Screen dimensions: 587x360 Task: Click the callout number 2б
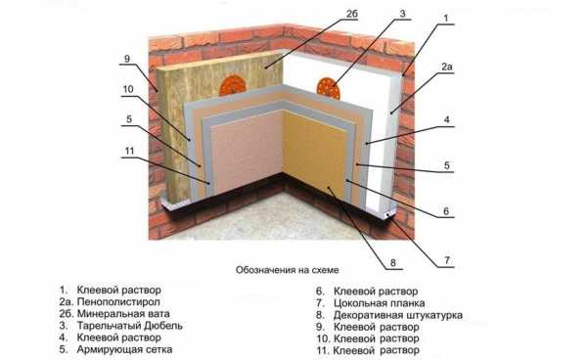tap(352, 15)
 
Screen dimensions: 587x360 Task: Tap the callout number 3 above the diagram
tap(402, 14)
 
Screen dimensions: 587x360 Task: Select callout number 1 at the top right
tap(445, 18)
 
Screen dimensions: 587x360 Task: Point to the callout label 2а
tap(447, 67)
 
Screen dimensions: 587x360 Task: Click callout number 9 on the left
tap(127, 59)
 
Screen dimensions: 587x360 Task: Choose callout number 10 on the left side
tap(128, 89)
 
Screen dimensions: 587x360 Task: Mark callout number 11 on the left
tap(129, 151)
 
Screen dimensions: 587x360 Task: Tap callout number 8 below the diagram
tap(392, 263)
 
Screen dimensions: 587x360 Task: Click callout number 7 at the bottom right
tap(447, 260)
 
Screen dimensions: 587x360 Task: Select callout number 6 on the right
tap(446, 211)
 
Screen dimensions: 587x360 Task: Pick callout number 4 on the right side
tap(446, 119)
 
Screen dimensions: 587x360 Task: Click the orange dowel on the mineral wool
tap(233, 85)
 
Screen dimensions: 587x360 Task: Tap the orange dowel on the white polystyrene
tap(329, 88)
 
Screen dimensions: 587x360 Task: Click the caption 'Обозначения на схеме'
tap(287, 270)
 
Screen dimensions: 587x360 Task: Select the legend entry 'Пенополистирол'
tap(118, 301)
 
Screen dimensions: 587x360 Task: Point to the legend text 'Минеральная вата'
tap(123, 314)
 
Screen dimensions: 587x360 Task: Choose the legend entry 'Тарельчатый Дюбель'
tap(129, 326)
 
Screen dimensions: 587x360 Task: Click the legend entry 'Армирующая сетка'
tap(124, 349)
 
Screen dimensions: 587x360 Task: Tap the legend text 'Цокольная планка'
tap(379, 302)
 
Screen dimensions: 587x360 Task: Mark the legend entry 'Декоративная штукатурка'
tap(397, 315)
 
